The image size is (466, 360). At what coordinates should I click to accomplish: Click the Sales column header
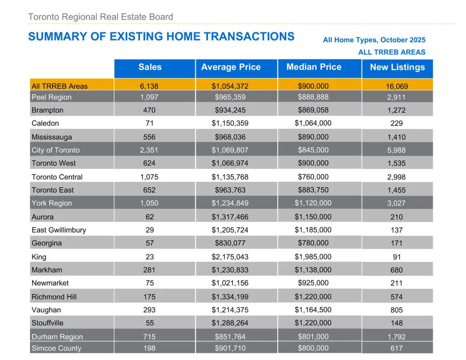coord(150,67)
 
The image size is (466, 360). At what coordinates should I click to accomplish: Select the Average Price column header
coord(231,67)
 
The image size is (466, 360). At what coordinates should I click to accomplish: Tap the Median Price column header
coord(314,67)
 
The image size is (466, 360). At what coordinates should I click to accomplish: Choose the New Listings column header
coord(397,67)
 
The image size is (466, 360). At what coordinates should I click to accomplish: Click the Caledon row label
coord(45,123)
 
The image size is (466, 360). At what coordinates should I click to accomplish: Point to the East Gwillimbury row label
coord(59,230)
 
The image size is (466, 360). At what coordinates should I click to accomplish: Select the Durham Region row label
coord(57,337)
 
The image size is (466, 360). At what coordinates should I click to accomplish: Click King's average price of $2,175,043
coord(230,257)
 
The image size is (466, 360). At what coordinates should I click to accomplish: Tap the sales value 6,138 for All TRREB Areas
coord(150,86)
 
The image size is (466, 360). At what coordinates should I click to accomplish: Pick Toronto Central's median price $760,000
coord(313,177)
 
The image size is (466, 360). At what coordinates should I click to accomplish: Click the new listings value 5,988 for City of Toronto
coord(397,150)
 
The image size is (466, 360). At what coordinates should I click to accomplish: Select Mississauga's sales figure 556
coord(150,137)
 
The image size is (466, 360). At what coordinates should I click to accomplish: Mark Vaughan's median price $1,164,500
coord(313,310)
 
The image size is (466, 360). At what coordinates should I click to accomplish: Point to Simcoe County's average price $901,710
coord(230,348)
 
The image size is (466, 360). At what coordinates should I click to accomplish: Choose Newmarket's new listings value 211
coord(397,283)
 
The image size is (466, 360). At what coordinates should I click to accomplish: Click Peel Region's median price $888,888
coord(313,97)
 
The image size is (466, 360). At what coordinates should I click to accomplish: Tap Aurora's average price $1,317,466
coord(230,217)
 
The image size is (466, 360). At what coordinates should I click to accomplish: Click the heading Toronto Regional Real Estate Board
coord(101,17)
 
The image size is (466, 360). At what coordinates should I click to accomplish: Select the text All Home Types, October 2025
coord(374,40)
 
